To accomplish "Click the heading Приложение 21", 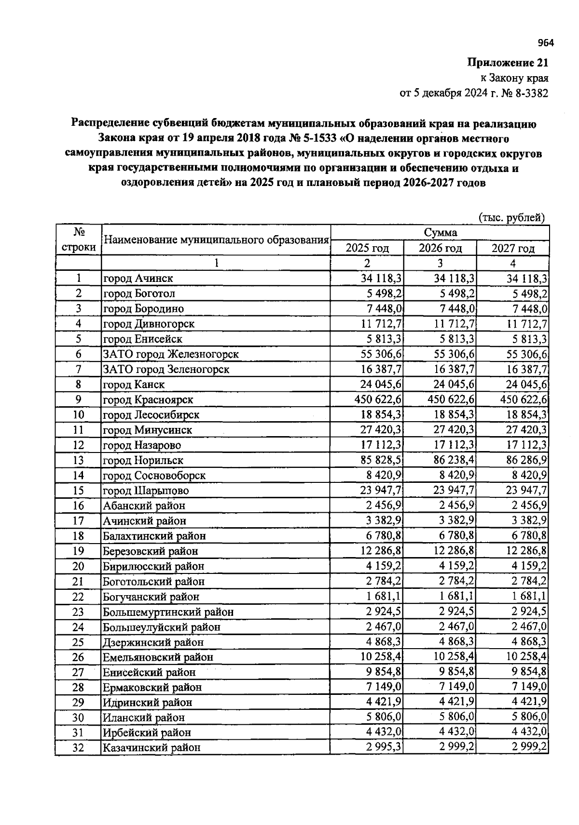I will pos(508,63).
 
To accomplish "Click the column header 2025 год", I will pos(367,248).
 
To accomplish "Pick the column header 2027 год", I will pos(513,248).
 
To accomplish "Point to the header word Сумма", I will pos(440,233).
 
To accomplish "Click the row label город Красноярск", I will pos(148,399).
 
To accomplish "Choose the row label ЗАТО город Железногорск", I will pos(171,354).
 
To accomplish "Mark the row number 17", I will pos(78,520).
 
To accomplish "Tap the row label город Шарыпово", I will pos(146,491).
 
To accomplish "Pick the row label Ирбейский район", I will pos(147,732).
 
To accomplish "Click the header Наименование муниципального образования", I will pos(216,240).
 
